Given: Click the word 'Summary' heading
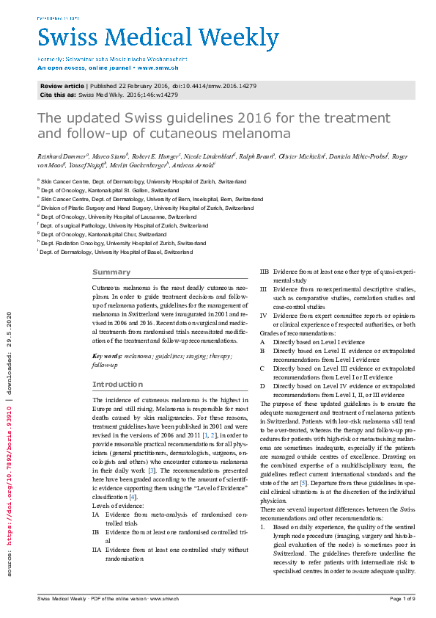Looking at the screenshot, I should (x=111, y=272).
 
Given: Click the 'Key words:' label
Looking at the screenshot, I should (x=107, y=355).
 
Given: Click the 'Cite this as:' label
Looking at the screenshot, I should (x=58, y=95).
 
